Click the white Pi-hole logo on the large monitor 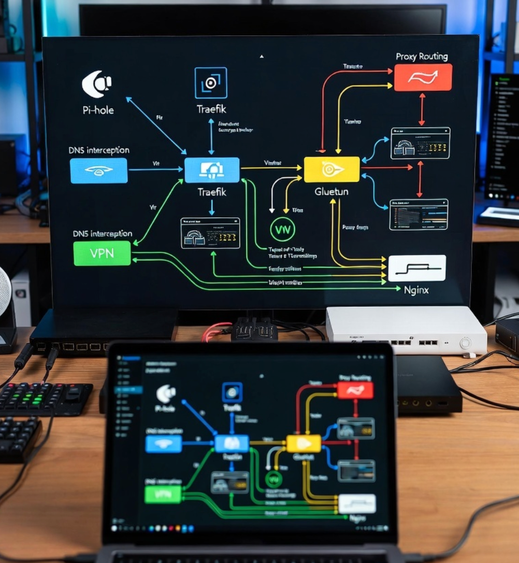97,85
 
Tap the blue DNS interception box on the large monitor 98,171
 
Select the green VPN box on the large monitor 102,254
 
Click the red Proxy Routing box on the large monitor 423,77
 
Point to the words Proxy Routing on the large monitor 422,57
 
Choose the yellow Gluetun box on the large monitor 331,170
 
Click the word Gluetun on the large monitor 331,191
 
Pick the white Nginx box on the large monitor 416,268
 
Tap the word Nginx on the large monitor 416,290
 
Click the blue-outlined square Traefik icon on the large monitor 211,83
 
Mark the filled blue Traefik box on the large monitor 212,170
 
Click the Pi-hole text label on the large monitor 98,110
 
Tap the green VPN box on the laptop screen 163,494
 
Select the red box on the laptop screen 355,390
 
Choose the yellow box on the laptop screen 304,444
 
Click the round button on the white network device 466,343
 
